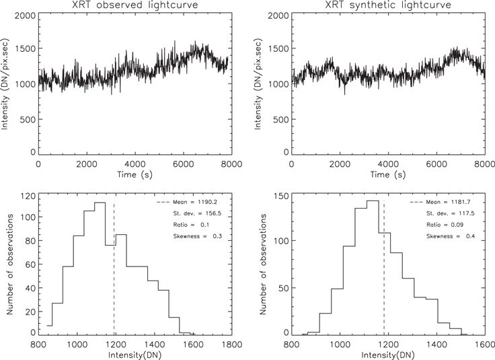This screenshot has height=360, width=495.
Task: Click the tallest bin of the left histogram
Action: [100, 269]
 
